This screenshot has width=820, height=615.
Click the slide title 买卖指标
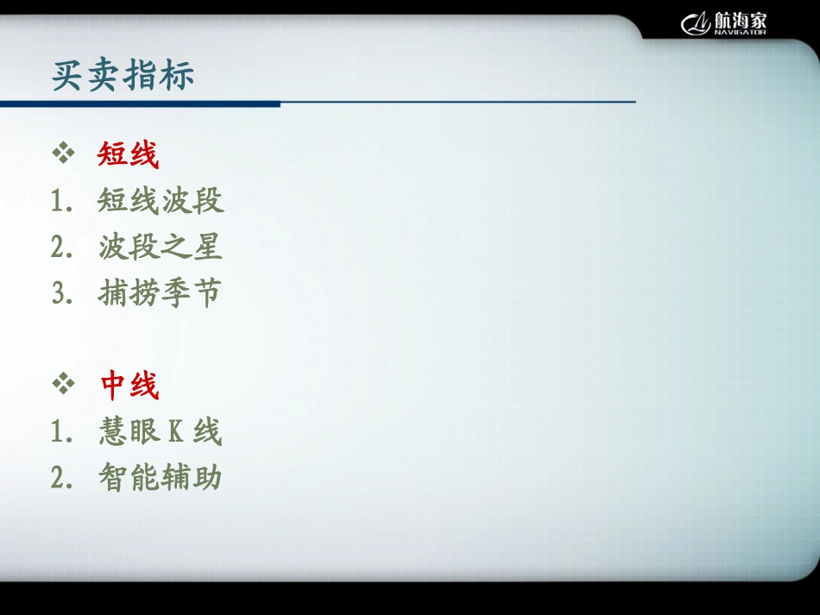tap(123, 75)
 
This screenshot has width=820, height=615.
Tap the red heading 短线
tap(128, 155)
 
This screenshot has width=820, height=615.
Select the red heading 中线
tap(129, 386)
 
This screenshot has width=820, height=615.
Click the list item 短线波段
tap(161, 201)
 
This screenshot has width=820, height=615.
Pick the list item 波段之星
tap(161, 248)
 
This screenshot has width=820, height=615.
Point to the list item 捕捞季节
tap(161, 293)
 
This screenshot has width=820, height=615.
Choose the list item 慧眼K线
tap(161, 431)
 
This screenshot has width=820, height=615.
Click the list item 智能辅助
tap(161, 477)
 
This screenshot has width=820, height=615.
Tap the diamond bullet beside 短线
tap(64, 155)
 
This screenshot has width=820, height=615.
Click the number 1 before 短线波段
tap(59, 202)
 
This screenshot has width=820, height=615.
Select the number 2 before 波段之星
tap(59, 248)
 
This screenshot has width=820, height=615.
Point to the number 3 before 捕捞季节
tap(59, 294)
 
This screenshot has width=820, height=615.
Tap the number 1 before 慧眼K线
tap(59, 432)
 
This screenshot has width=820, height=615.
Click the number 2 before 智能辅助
tap(59, 478)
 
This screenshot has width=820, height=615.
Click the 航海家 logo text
tap(741, 20)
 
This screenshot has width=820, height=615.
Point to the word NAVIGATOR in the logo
tap(740, 33)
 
